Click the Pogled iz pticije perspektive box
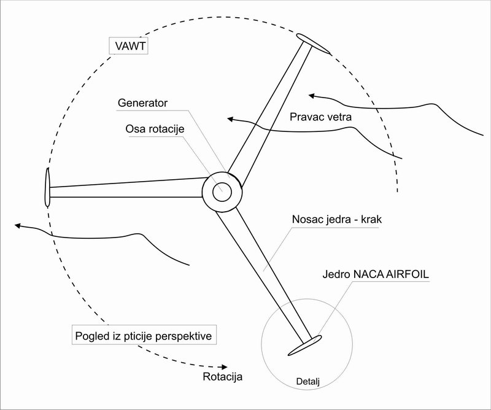pos(145,336)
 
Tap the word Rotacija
pos(222,376)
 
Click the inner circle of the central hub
pos(222,192)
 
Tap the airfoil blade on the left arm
pos(47,187)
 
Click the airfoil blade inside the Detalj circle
pos(304,346)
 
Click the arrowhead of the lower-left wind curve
pos(19,226)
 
